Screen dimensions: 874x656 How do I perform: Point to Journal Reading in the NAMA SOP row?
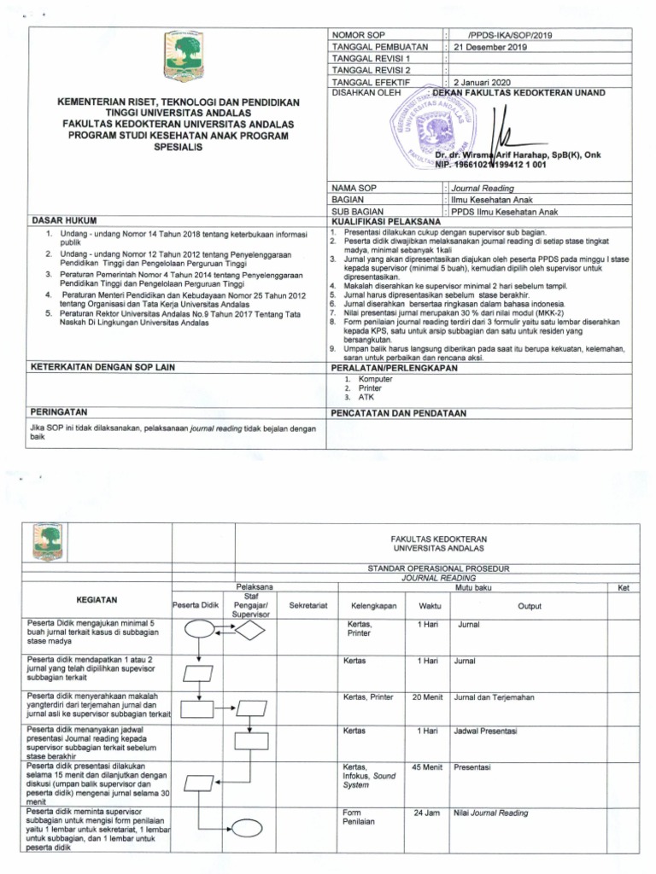click(x=483, y=188)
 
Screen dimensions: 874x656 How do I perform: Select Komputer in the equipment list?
click(x=375, y=379)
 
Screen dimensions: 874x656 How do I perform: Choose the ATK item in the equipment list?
click(x=366, y=397)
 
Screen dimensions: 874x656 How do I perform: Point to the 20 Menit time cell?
click(x=425, y=697)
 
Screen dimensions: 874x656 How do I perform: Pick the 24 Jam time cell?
click(x=425, y=813)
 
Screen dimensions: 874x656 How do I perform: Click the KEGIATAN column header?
click(x=97, y=600)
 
